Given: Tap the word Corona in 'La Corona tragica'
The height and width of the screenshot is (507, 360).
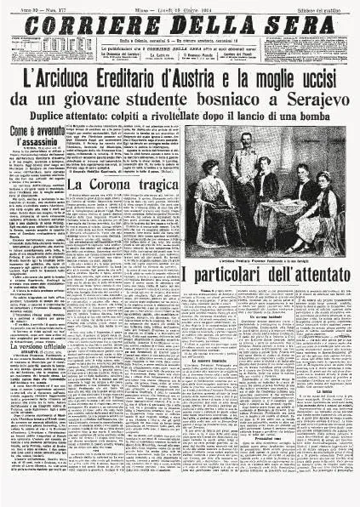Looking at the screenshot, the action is tap(109, 183).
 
